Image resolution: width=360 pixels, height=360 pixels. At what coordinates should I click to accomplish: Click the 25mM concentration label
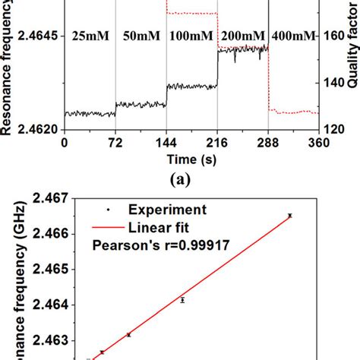tap(89, 36)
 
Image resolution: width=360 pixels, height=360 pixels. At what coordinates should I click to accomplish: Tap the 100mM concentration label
tap(192, 36)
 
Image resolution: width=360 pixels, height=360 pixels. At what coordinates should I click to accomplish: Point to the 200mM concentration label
tap(243, 36)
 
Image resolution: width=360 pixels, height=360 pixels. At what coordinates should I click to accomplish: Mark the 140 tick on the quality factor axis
tap(335, 103)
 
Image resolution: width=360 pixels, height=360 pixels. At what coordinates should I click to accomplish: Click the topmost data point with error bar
tap(289, 216)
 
